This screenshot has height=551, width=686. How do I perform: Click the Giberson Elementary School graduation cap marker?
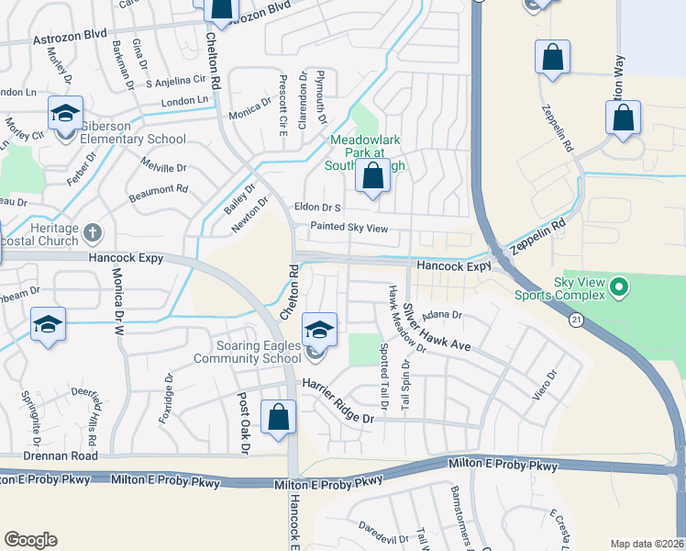[65, 114]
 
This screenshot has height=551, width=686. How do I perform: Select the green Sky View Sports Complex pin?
[619, 288]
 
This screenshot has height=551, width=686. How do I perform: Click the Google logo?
[31, 539]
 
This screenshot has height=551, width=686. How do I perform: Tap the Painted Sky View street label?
[349, 227]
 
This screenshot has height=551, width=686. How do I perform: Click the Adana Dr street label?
[440, 314]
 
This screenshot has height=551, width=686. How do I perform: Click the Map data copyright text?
[646, 544]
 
